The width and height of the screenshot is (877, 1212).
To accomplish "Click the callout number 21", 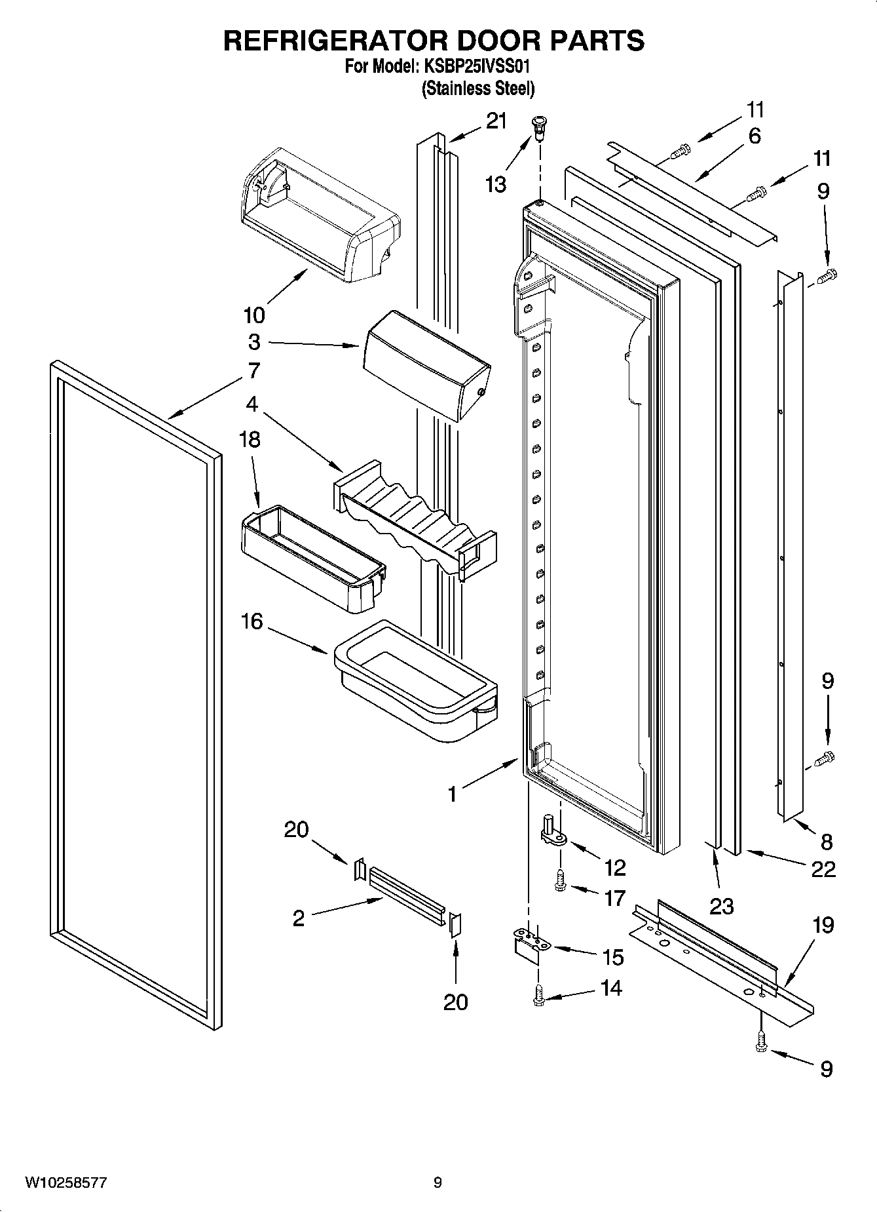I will (x=496, y=121).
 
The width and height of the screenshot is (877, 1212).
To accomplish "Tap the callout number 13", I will (x=496, y=186).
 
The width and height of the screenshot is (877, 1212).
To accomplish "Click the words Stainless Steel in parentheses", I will (x=477, y=88).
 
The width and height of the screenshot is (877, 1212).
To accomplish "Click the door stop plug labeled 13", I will (x=540, y=127).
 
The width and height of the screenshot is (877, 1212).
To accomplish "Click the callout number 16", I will (x=252, y=621).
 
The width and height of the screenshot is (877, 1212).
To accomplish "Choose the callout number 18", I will (x=250, y=440).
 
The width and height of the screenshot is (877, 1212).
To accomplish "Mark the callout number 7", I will (x=254, y=370).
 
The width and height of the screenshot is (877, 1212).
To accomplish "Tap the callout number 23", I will (x=721, y=907).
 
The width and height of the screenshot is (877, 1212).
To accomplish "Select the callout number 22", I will (x=823, y=869).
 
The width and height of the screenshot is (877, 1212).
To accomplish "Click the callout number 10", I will (x=254, y=315).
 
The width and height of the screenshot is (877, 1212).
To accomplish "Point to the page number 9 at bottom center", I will (x=438, y=1183).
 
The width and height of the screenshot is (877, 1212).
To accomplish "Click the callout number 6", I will (x=755, y=136).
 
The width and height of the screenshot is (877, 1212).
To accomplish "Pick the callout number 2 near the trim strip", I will (x=298, y=918).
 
